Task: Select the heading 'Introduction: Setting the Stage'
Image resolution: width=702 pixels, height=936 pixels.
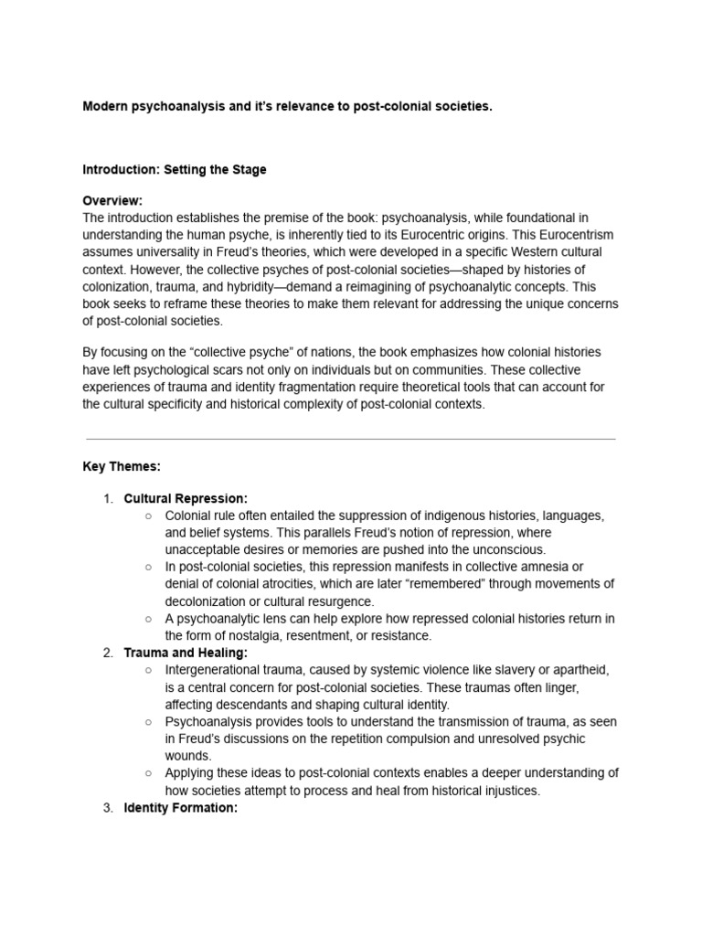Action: pyautogui.click(x=175, y=170)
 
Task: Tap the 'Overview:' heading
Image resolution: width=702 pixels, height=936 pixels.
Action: pyautogui.click(x=112, y=200)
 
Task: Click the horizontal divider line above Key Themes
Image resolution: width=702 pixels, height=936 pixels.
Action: pyautogui.click(x=350, y=439)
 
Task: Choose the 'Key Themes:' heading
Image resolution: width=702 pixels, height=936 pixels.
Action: pyautogui.click(x=122, y=466)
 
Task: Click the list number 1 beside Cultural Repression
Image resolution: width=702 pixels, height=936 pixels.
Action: pyautogui.click(x=107, y=498)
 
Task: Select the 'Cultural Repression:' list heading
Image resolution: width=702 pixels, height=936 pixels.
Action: pyautogui.click(x=186, y=498)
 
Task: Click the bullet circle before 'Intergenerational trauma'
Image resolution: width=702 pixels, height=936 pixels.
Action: pyautogui.click(x=148, y=670)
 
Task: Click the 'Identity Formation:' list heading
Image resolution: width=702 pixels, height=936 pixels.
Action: pyautogui.click(x=180, y=808)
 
